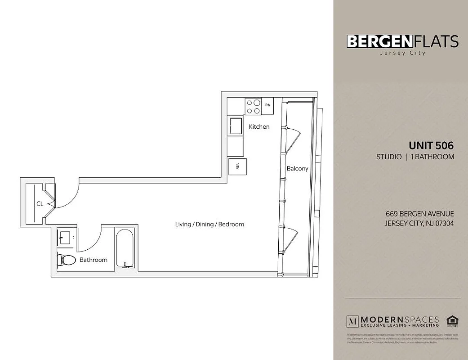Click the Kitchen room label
[x=259, y=126]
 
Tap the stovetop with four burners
[x=253, y=107]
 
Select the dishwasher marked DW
[x=267, y=105]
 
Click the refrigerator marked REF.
[x=237, y=166]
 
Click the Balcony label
[x=297, y=168]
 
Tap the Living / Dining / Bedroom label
[x=209, y=224]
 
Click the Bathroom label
[x=94, y=260]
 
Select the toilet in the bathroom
[x=67, y=260]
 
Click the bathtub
[x=125, y=249]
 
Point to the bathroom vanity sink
[x=65, y=236]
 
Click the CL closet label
[x=40, y=204]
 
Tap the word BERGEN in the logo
[x=379, y=41]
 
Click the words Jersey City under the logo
[x=402, y=53]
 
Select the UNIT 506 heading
[x=431, y=145]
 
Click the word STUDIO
[x=389, y=157]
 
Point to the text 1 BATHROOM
[x=432, y=157]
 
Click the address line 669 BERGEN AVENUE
[x=420, y=214]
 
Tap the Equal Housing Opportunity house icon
[x=451, y=321]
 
